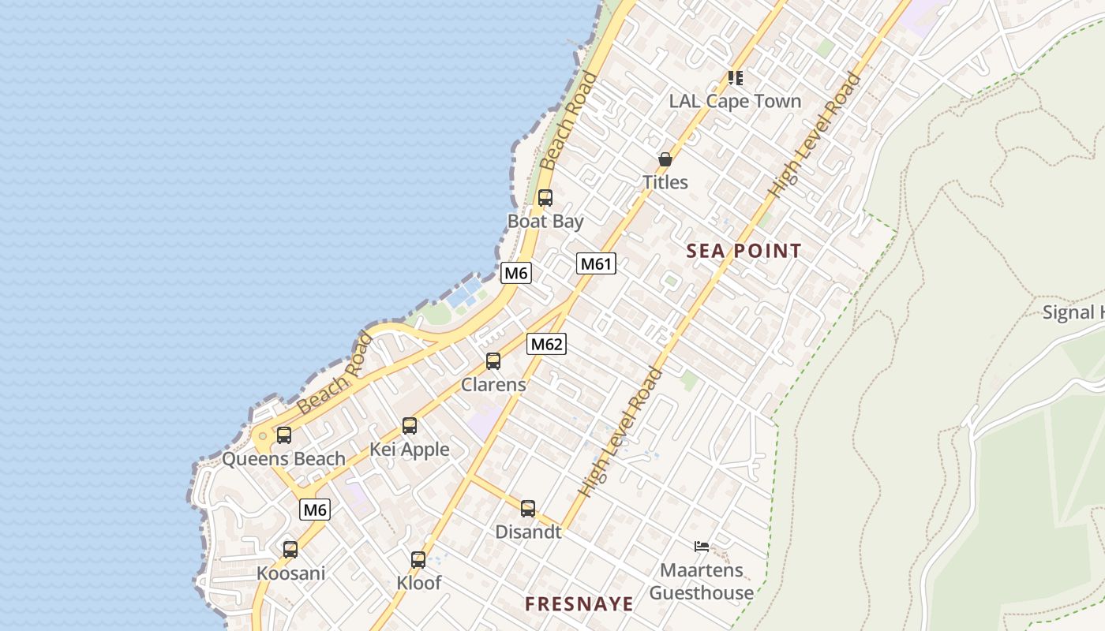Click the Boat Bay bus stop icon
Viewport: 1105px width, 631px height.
(x=545, y=198)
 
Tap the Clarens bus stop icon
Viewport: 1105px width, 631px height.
(x=493, y=361)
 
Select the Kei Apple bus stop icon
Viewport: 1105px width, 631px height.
(x=410, y=426)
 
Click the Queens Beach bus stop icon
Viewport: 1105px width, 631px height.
(x=284, y=435)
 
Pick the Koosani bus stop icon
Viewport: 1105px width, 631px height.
(x=290, y=550)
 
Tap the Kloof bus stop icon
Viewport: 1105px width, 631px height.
(x=418, y=560)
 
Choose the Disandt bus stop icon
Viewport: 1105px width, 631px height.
(x=528, y=509)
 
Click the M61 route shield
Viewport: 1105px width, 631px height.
(x=596, y=263)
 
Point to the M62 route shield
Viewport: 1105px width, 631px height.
(x=547, y=344)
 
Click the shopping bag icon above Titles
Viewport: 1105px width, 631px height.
(x=665, y=159)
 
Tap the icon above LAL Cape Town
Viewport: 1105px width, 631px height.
(x=735, y=77)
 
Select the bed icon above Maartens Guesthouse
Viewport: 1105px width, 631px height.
(x=702, y=546)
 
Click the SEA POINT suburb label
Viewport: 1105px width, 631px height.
(x=744, y=252)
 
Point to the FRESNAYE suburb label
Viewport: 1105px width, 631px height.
(x=579, y=604)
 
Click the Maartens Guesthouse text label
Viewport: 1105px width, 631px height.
(x=702, y=581)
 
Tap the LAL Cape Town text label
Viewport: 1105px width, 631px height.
(x=735, y=101)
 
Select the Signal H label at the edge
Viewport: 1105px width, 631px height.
(x=1073, y=312)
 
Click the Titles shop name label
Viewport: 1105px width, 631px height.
(x=665, y=182)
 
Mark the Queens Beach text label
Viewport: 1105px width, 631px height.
(x=284, y=458)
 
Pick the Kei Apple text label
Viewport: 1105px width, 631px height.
(x=410, y=450)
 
